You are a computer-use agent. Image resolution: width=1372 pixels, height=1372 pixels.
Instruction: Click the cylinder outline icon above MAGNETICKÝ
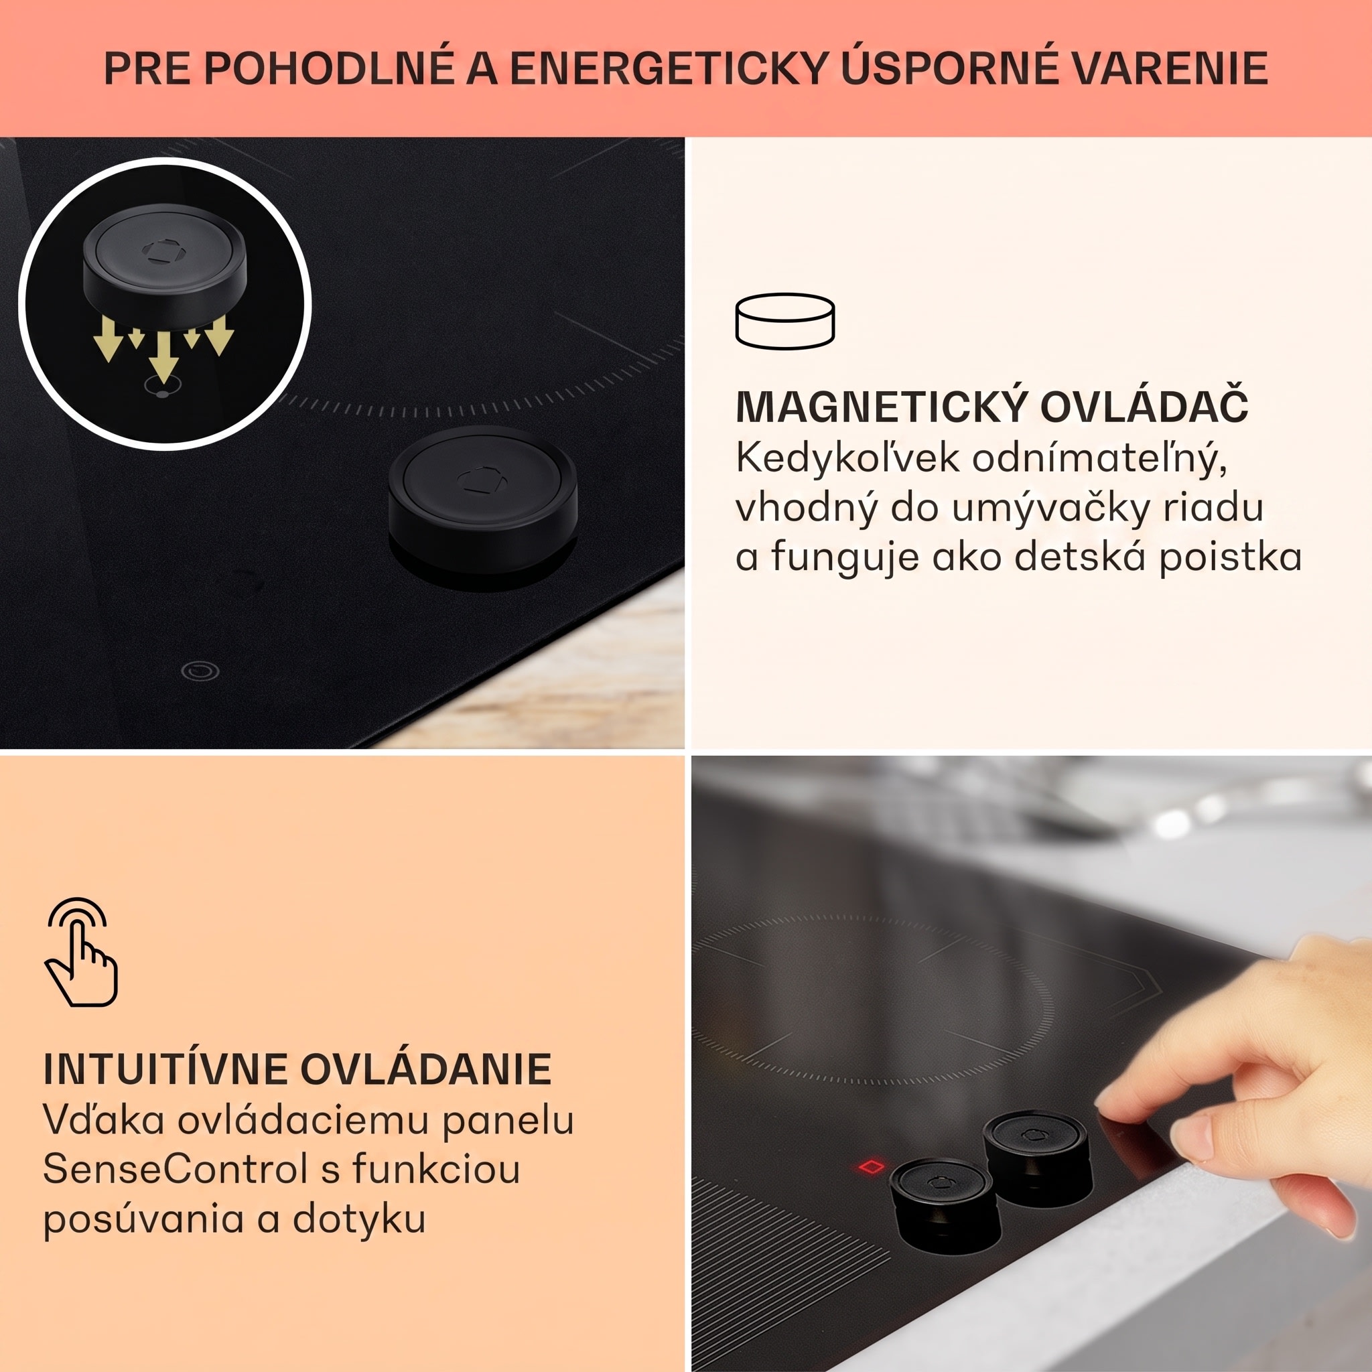coord(784,320)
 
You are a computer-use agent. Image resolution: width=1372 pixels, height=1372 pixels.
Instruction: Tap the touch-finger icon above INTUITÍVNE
coord(81,951)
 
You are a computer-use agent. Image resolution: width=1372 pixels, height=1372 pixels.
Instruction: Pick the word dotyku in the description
coord(358,1219)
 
